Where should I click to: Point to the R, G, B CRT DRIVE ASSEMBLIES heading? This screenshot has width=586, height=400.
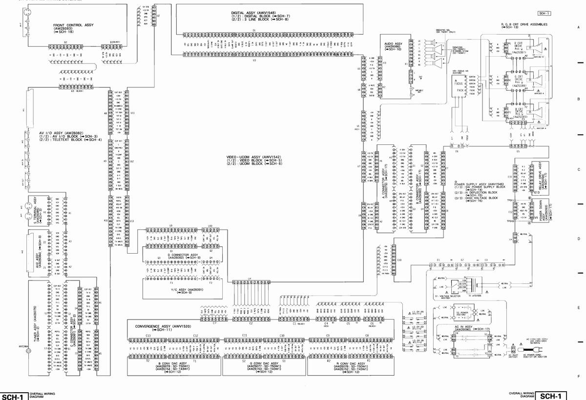(524, 24)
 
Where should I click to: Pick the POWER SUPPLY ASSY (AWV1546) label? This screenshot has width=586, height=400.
(480, 184)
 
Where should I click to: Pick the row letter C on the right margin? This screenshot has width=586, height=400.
(578, 169)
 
